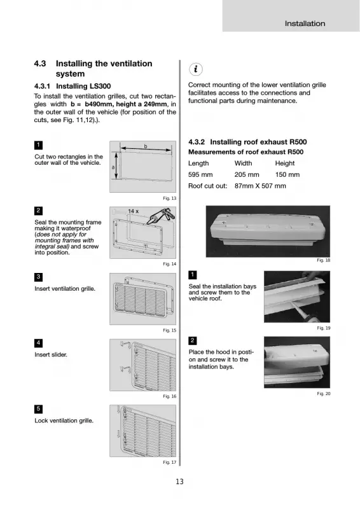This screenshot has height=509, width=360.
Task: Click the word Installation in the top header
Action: click(x=305, y=24)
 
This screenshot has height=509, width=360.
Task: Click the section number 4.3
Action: click(x=40, y=64)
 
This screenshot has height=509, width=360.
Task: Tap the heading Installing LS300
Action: click(x=83, y=86)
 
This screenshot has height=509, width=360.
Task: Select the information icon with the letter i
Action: click(x=196, y=69)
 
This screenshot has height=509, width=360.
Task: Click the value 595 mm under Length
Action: click(x=200, y=174)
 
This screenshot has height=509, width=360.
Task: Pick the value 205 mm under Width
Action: click(x=247, y=174)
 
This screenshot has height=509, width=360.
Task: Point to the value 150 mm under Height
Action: click(x=287, y=174)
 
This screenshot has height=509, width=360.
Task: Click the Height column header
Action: click(x=285, y=164)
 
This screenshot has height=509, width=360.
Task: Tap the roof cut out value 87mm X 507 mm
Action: click(x=260, y=186)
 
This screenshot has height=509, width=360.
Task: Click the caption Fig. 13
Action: click(x=169, y=199)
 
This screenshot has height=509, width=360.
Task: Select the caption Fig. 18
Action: click(x=324, y=260)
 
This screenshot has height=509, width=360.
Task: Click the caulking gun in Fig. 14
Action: click(x=161, y=216)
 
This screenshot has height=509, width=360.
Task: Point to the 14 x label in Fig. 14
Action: click(x=133, y=211)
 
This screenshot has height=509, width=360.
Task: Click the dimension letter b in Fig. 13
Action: click(x=146, y=146)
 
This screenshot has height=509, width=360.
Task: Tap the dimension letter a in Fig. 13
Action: click(x=113, y=167)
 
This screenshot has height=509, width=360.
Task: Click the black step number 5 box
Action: click(x=38, y=409)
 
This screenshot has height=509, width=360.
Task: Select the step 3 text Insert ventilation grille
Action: click(x=65, y=289)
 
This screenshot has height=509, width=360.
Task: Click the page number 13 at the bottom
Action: click(x=179, y=482)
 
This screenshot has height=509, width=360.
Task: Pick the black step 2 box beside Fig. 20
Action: click(x=193, y=340)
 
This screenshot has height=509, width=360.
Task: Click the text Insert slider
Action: click(x=51, y=355)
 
